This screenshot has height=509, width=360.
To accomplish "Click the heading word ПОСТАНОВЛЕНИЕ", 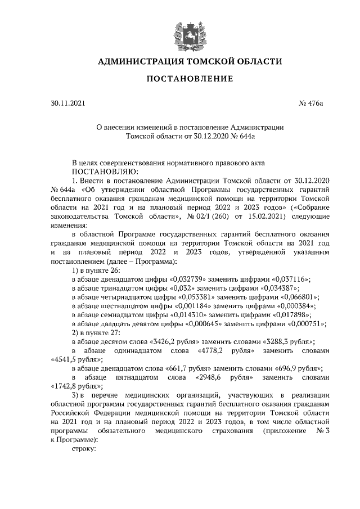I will click(x=190, y=79).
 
